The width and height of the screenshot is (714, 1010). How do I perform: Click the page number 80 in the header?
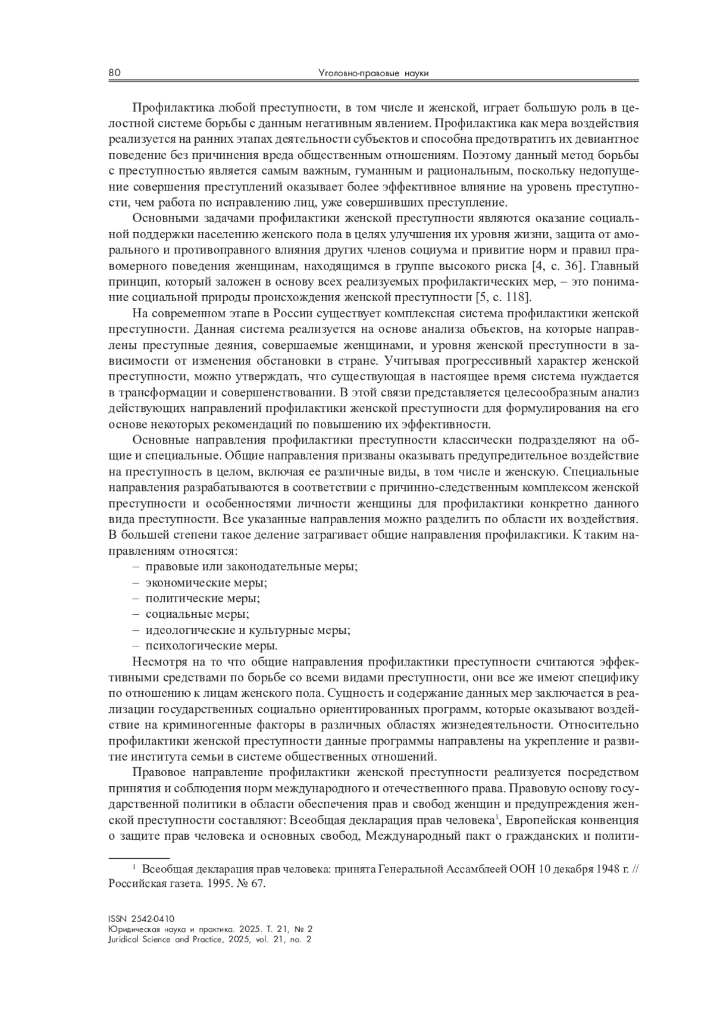[114, 73]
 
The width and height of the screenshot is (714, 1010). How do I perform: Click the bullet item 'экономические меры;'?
[206, 582]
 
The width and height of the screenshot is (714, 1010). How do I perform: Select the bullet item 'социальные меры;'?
[197, 614]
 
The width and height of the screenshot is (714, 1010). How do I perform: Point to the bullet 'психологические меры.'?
[211, 646]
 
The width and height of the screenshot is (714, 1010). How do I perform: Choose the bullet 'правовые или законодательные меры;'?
[251, 566]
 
